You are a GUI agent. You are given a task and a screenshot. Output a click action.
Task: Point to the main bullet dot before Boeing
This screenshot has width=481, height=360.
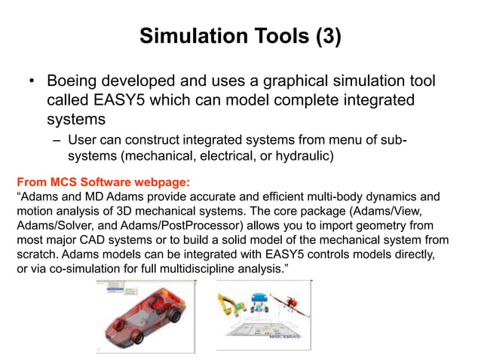tap(32, 81)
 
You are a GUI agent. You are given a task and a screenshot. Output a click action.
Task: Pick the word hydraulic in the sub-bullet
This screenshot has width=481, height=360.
tap(302, 156)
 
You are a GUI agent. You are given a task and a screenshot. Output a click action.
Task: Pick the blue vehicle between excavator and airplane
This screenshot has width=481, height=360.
tap(260, 301)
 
